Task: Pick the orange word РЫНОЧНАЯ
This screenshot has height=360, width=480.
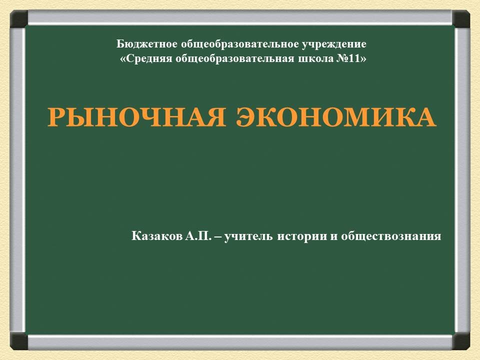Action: click(131, 118)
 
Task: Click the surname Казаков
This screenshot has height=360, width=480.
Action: click(156, 236)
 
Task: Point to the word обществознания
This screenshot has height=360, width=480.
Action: click(391, 236)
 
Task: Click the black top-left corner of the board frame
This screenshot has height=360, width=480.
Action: click(19, 19)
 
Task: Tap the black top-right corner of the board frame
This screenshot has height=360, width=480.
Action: click(461, 19)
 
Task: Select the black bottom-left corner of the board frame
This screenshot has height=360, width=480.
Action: click(19, 341)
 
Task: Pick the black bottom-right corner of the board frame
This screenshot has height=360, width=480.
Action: click(461, 341)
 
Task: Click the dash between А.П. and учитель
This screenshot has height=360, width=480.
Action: click(217, 236)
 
